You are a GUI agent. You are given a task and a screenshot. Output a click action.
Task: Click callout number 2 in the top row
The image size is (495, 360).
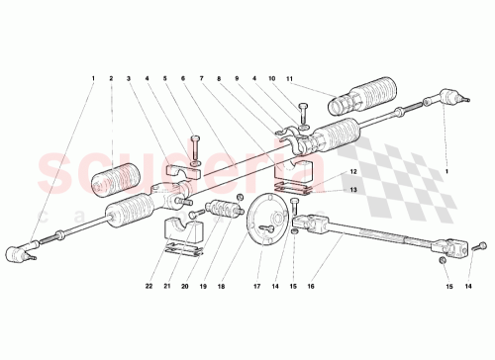(x=112, y=78)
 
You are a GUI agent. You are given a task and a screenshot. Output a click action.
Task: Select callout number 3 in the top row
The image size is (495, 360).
(x=129, y=78)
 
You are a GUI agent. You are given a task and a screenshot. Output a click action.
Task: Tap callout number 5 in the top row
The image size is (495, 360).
(x=165, y=78)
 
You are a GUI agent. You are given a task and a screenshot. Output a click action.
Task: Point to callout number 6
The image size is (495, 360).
(x=183, y=78)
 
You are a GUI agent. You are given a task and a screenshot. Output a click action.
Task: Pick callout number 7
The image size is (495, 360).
(x=203, y=78)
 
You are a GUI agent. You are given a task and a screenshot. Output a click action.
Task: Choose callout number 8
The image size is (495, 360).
(x=220, y=78)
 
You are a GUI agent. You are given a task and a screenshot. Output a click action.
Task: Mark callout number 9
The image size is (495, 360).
(x=239, y=78)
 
